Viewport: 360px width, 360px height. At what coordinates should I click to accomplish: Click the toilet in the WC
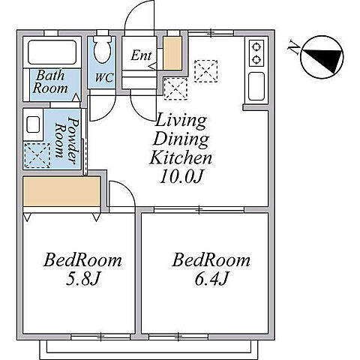pyautogui.click(x=102, y=49)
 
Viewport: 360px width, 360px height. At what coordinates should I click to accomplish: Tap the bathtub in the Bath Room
pyautogui.click(x=52, y=52)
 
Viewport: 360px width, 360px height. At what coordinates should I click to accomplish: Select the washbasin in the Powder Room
pyautogui.click(x=33, y=124)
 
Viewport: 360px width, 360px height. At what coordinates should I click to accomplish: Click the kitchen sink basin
pyautogui.click(x=256, y=86)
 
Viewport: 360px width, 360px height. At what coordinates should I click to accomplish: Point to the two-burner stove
pyautogui.click(x=256, y=53)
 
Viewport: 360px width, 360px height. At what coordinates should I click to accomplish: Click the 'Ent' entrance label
pyautogui.click(x=141, y=55)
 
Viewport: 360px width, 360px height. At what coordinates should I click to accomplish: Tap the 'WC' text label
pyautogui.click(x=104, y=78)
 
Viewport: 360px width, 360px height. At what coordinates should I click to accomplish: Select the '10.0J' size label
pyautogui.click(x=181, y=177)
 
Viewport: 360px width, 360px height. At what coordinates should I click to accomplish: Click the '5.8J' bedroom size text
pyautogui.click(x=83, y=279)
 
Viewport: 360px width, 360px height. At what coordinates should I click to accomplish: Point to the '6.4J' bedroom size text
pyautogui.click(x=211, y=279)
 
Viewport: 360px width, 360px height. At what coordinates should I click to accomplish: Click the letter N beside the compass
pyautogui.click(x=294, y=47)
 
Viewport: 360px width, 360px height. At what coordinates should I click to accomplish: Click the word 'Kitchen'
pyautogui.click(x=181, y=157)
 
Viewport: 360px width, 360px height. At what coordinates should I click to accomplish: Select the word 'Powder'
pyautogui.click(x=73, y=141)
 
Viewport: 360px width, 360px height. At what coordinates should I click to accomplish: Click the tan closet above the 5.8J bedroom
pyautogui.click(x=61, y=191)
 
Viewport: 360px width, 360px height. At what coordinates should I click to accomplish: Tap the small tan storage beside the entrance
pyautogui.click(x=172, y=53)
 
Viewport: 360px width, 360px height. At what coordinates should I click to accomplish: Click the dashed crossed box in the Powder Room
pyautogui.click(x=37, y=155)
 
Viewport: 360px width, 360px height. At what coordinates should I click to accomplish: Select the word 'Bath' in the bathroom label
pyautogui.click(x=50, y=76)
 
